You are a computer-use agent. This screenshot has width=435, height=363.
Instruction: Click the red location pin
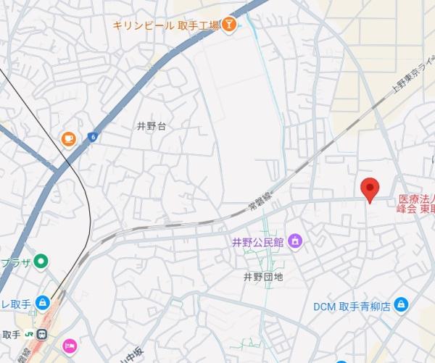click(370, 188)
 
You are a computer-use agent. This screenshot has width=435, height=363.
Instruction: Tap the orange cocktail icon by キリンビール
click(229, 25)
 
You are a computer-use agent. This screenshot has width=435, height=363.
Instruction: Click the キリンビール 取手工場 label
click(166, 25)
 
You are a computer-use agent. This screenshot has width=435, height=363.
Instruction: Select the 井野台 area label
click(152, 126)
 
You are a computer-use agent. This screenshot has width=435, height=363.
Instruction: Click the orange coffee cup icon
click(68, 138)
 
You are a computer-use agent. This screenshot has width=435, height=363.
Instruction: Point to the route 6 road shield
click(92, 137)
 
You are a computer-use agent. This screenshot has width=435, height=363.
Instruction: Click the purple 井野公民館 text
click(257, 241)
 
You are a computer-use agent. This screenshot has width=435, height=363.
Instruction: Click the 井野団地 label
click(262, 277)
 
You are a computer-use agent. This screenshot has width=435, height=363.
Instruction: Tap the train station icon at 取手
click(43, 335)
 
